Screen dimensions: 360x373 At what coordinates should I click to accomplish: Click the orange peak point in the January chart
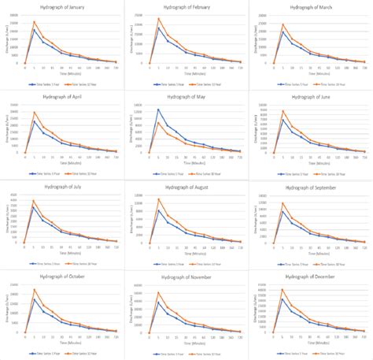point(34,22)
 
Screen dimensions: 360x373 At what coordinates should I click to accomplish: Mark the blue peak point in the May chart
point(158,109)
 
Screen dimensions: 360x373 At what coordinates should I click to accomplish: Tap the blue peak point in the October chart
point(34,299)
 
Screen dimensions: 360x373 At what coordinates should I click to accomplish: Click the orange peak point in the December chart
point(283,289)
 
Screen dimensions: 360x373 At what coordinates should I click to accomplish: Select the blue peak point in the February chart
point(158,28)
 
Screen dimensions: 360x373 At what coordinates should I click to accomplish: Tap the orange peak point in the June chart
point(283,110)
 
